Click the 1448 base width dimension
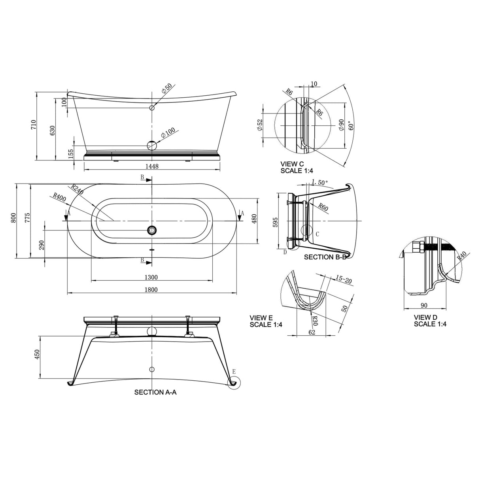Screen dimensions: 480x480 [152, 166]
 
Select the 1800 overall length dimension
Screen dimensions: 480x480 [151, 289]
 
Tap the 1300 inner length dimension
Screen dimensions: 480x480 [151, 277]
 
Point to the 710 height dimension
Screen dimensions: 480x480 [34, 125]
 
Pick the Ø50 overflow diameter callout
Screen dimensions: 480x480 [167, 91]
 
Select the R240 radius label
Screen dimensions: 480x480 [77, 189]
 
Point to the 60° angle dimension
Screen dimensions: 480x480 [350, 126]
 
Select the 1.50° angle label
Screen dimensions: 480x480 [320, 182]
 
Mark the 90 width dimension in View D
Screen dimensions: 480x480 [424, 305]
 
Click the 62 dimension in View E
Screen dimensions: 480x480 [312, 332]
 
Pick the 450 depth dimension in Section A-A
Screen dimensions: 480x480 [37, 354]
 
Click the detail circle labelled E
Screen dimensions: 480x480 [233, 382]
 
